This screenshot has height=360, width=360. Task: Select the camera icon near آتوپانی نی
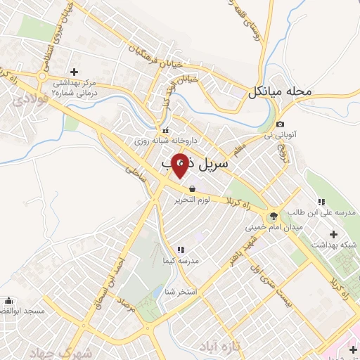(280, 124)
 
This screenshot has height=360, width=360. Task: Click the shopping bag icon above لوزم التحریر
(192, 188)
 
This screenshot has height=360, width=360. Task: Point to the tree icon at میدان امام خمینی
(273, 215)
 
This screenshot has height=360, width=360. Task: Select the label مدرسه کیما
(181, 261)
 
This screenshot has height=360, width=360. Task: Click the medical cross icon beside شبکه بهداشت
(333, 233)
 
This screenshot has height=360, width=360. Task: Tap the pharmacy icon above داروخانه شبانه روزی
(166, 130)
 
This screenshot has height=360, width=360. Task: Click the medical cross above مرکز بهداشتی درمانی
(74, 71)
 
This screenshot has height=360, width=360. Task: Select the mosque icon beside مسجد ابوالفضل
(8, 300)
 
